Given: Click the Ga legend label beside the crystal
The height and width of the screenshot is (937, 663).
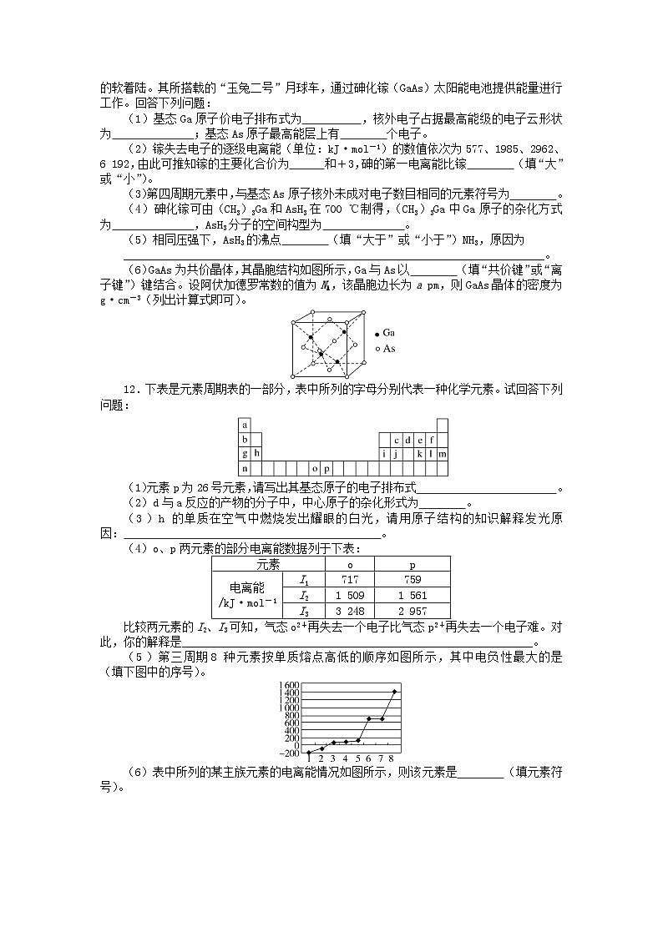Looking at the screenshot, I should [389, 333].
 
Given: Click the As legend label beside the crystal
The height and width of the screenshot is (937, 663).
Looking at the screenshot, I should [389, 348].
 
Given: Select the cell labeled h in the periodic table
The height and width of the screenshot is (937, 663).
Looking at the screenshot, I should [257, 453].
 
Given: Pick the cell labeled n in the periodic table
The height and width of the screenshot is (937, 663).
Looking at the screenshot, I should [245, 468].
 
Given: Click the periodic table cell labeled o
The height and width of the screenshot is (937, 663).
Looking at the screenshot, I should [314, 468].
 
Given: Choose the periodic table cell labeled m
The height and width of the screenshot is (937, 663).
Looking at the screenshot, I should [443, 453].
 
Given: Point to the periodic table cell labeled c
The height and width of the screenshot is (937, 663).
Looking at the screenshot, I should [396, 439].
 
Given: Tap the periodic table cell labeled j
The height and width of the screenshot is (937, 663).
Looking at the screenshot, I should [396, 453].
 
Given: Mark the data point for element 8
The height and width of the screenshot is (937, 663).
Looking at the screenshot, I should [394, 691].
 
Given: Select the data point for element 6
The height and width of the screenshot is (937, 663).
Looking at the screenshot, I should [369, 718].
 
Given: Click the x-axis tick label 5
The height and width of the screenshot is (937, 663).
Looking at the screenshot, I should [357, 758].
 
